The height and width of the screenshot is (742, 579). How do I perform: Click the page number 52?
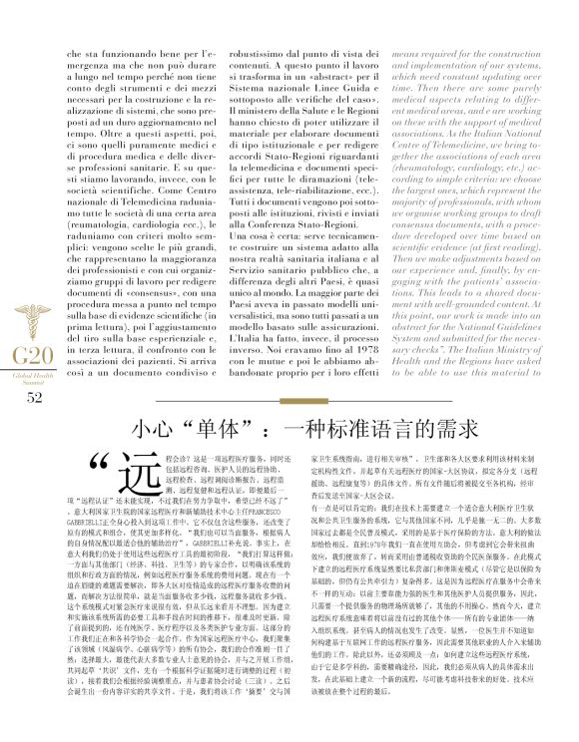(x=34, y=370)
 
